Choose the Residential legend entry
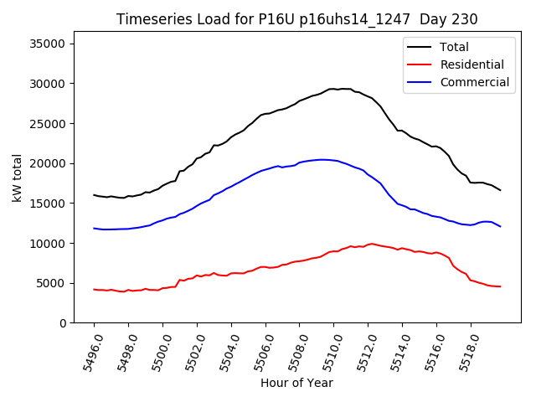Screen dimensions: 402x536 (x=472, y=64)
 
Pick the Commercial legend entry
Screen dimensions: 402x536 (x=474, y=82)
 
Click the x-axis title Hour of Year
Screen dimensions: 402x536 (x=296, y=383)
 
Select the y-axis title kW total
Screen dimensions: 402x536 (x=16, y=178)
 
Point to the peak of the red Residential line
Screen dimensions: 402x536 (x=371, y=244)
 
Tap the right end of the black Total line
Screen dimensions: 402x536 (x=501, y=190)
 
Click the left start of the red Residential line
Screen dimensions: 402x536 (x=94, y=289)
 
